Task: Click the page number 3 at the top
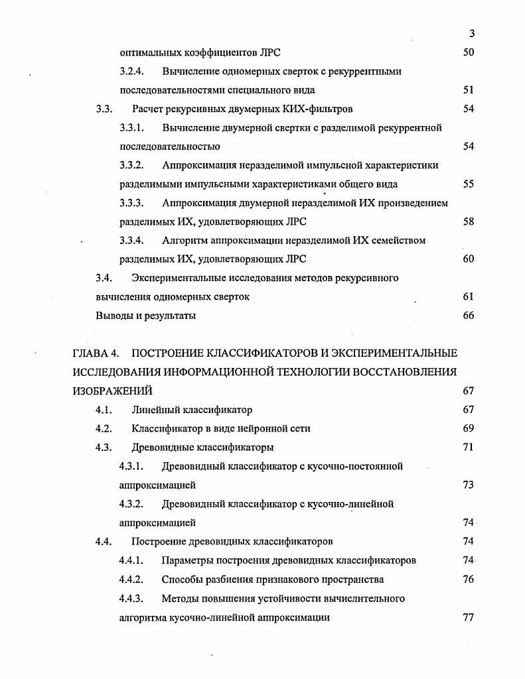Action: pos(471,34)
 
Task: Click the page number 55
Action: pos(469,184)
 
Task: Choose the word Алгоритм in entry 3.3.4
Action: pos(184,241)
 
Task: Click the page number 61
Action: pos(469,297)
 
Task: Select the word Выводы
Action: pos(115,316)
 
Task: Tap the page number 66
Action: pos(469,316)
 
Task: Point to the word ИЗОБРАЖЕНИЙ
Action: pos(112,391)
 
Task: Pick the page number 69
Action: pos(469,428)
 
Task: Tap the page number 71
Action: pos(469,448)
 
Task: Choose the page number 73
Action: pos(469,485)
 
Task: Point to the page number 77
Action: pos(469,617)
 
